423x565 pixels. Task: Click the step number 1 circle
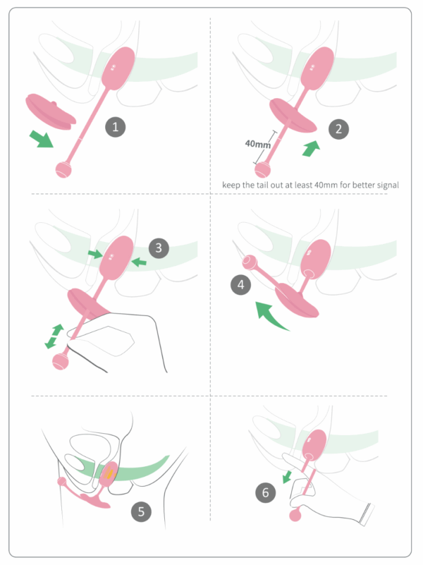click(x=115, y=127)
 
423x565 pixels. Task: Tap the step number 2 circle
click(x=338, y=128)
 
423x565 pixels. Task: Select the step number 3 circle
click(x=159, y=248)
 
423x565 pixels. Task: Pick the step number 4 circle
click(x=240, y=285)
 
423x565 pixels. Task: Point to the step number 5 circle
click(x=141, y=511)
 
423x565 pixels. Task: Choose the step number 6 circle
click(x=265, y=492)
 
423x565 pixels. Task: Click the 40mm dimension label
click(x=258, y=144)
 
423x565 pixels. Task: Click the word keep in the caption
click(x=231, y=186)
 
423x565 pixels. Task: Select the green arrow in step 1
click(x=41, y=139)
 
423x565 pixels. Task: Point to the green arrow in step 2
click(x=311, y=148)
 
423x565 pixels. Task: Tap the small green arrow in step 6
click(x=287, y=476)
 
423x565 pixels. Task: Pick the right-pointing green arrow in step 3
click(x=95, y=254)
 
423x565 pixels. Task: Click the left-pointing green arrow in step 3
click(x=139, y=262)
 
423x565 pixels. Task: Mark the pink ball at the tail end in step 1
click(x=63, y=170)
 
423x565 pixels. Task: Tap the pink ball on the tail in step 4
click(x=249, y=262)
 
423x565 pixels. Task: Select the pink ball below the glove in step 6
click(x=295, y=516)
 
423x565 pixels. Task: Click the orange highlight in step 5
click(x=109, y=473)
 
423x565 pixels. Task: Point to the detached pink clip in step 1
click(x=50, y=111)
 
